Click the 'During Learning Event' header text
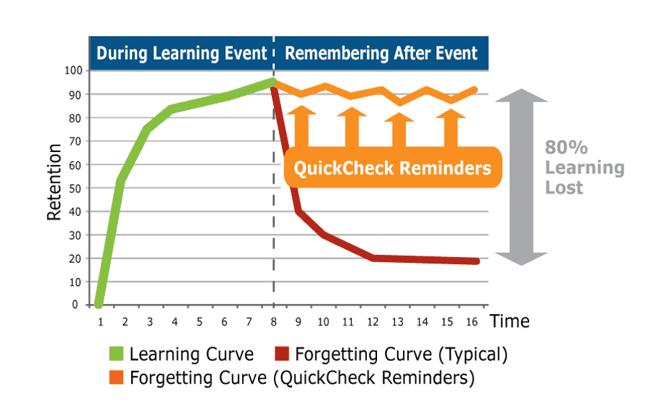(x=182, y=53)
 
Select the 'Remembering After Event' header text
(x=381, y=53)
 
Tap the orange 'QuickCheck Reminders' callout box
(x=392, y=167)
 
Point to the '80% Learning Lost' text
(x=585, y=168)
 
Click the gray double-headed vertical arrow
(x=521, y=177)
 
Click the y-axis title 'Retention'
(x=54, y=182)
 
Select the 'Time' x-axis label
(x=510, y=321)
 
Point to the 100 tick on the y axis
(x=74, y=70)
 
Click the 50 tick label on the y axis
(x=75, y=189)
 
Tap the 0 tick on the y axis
(x=75, y=305)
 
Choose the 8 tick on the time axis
(x=274, y=322)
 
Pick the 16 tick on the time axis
(x=471, y=322)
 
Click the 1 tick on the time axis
(x=100, y=322)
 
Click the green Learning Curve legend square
(x=116, y=354)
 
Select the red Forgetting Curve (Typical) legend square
(x=282, y=354)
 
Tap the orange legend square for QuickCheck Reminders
(x=116, y=377)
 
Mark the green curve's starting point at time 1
(x=99, y=305)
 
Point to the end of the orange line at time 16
(x=474, y=90)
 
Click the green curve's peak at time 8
(x=272, y=82)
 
